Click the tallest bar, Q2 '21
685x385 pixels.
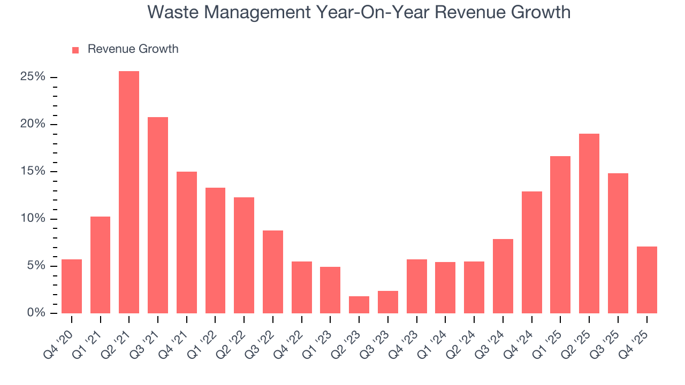tap(129, 192)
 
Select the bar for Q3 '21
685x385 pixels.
tap(158, 215)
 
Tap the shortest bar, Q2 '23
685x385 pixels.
tap(359, 305)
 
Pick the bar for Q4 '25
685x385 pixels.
tap(646, 280)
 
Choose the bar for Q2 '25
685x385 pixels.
tap(589, 224)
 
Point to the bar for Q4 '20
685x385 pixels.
tap(72, 286)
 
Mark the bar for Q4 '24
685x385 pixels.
tap(532, 252)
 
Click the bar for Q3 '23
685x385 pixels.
tap(388, 302)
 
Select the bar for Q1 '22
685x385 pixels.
tap(215, 250)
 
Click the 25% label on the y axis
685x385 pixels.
tap(33, 77)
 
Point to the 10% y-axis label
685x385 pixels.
tap(33, 219)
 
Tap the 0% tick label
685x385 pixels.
tap(35, 313)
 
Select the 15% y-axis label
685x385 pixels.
tap(33, 172)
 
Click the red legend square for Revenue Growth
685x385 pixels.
tap(75, 50)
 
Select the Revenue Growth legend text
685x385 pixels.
tap(133, 49)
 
